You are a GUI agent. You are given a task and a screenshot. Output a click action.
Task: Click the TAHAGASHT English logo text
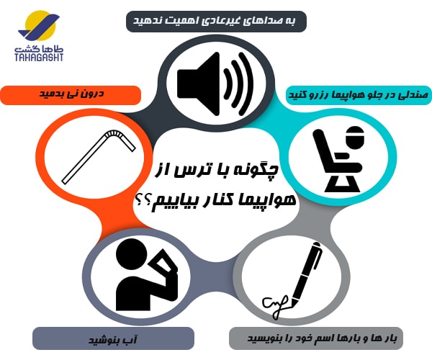point(39,57)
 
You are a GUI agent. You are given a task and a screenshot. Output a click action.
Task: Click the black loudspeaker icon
point(215,84)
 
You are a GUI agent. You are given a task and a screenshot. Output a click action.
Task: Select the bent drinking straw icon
point(99,156)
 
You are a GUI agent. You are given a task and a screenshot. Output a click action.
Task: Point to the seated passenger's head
point(356,137)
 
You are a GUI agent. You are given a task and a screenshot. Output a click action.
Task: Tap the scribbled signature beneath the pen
point(276,306)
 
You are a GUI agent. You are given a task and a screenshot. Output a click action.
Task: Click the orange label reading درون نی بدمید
point(71,95)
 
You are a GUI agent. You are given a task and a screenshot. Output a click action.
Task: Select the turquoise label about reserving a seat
point(358,95)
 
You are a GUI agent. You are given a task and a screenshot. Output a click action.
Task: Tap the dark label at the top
point(216,22)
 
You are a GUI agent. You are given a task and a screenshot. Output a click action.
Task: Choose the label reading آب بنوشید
point(113,338)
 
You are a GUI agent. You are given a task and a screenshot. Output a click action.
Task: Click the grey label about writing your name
point(316,338)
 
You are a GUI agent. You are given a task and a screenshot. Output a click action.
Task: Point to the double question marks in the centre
point(144,202)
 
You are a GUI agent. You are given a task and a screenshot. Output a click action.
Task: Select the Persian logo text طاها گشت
point(39,49)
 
